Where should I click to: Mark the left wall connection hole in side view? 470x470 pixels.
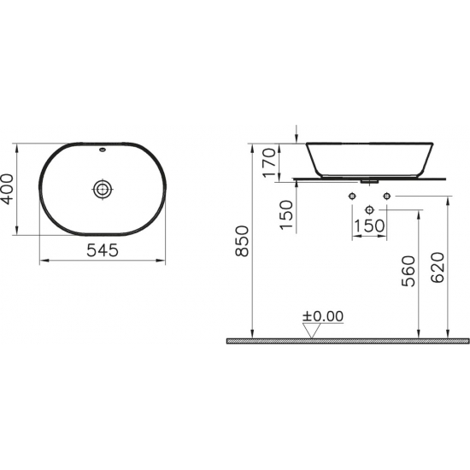coord(352,197)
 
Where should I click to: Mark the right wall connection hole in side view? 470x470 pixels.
coord(386,197)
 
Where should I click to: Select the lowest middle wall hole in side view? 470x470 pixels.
coord(369,209)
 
